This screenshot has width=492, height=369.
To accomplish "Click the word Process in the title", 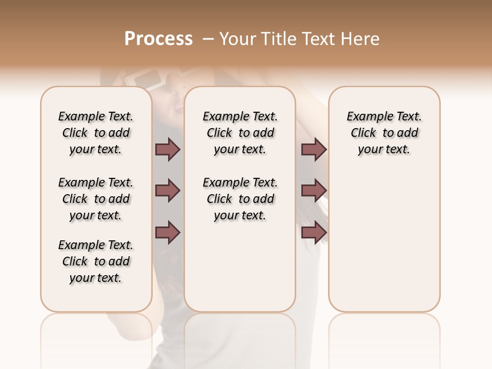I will [158, 38].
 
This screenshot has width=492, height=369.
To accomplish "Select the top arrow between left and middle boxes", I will [168, 150].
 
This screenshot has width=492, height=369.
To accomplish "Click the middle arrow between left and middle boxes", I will [168, 191].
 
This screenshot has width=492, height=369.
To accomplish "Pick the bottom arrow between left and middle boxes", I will [168, 232].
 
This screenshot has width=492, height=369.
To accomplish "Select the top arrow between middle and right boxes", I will [314, 150].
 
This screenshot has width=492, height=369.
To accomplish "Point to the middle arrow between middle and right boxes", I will [314, 191].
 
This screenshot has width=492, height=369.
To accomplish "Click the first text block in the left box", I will [96, 133].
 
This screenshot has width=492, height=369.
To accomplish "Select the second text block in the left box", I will [96, 199].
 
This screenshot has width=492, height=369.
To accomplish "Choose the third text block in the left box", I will [96, 261].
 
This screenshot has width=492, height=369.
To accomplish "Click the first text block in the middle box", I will [240, 133].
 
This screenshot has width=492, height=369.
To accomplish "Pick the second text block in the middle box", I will [240, 199].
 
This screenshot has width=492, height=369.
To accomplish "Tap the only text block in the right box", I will [384, 133].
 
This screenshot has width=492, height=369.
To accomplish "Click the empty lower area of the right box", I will [384, 241].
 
